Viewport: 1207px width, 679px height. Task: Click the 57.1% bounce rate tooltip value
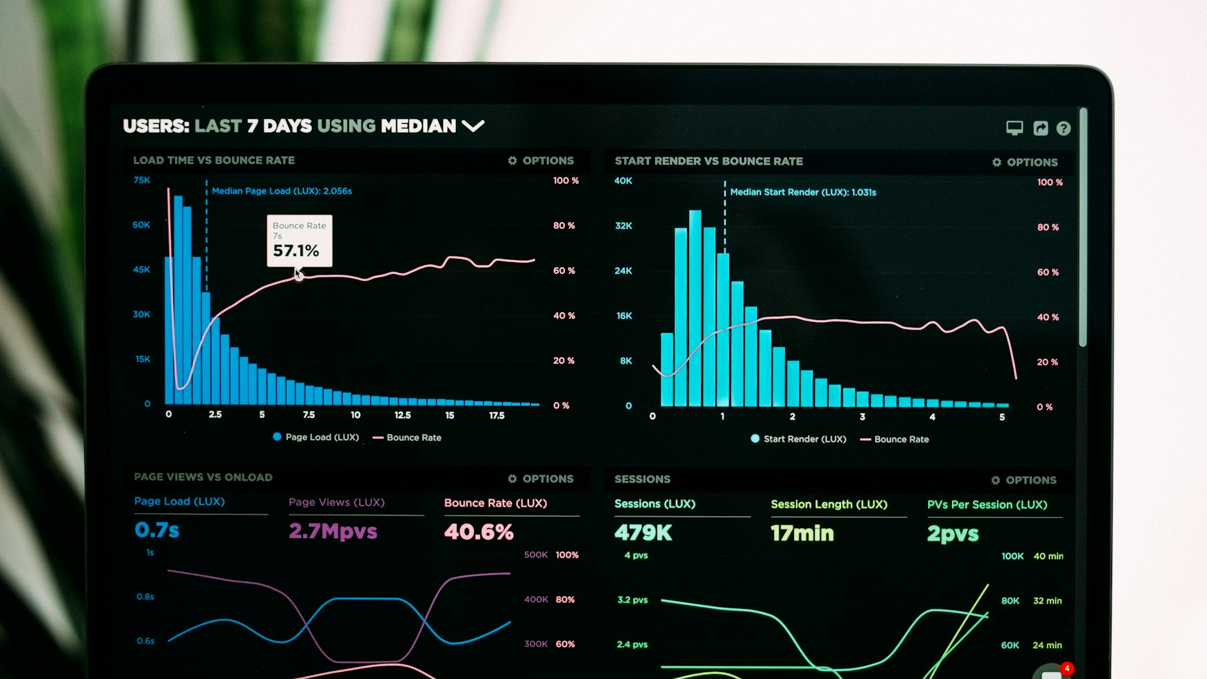(x=296, y=251)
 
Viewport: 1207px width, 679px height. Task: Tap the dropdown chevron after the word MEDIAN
(x=473, y=126)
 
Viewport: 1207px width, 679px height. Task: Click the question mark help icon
(x=1063, y=128)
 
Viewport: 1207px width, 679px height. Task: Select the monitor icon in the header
(x=1014, y=128)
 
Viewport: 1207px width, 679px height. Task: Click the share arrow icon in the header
(x=1040, y=128)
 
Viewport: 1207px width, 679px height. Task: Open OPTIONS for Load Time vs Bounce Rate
(x=541, y=161)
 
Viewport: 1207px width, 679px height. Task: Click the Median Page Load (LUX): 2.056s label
(x=282, y=191)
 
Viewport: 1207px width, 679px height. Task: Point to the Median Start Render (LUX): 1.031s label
(x=803, y=192)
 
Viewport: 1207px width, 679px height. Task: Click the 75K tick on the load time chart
(x=141, y=180)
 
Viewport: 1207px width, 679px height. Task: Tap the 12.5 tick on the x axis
(x=402, y=416)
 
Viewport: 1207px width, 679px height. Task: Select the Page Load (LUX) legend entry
(x=316, y=437)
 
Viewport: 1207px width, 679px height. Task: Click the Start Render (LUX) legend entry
(x=798, y=439)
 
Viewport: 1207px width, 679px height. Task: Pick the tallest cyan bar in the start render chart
(x=695, y=308)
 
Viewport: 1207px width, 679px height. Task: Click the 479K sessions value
(x=643, y=533)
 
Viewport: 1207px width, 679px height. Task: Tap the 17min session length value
(x=802, y=534)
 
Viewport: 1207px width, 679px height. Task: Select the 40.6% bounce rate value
(x=478, y=532)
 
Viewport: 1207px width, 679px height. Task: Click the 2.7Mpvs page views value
(x=333, y=531)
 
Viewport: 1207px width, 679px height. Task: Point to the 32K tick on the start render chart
(x=624, y=226)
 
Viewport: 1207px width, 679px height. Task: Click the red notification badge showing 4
(x=1066, y=668)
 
